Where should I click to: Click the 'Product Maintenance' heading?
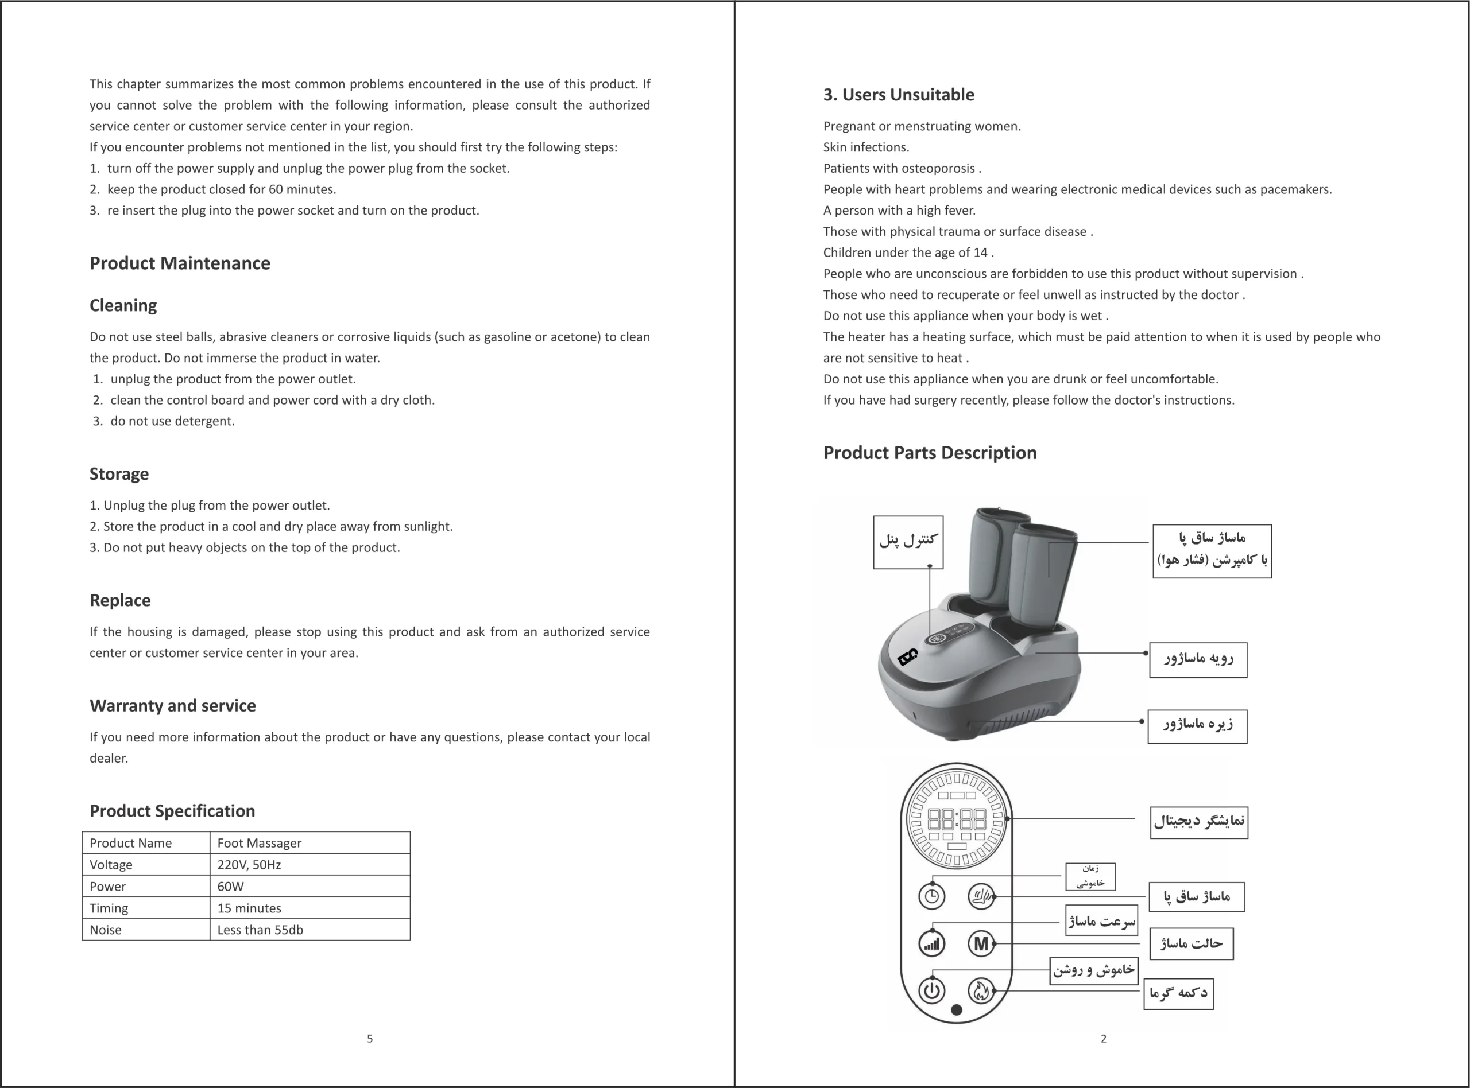(x=180, y=263)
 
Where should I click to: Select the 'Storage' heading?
(x=119, y=474)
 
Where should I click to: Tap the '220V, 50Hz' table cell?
(x=249, y=865)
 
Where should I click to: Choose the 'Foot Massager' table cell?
(x=260, y=843)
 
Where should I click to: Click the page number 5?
(x=370, y=1039)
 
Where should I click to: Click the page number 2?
(x=1104, y=1039)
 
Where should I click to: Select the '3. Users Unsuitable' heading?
(x=899, y=95)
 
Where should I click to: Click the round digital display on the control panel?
(x=957, y=819)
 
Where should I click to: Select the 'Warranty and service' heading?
(x=173, y=706)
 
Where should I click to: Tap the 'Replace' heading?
(x=120, y=601)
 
